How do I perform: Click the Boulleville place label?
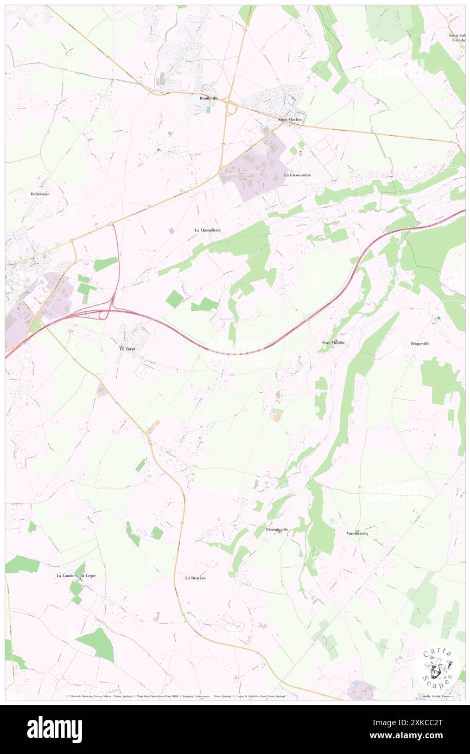click(209, 98)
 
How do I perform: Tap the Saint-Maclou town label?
click(289, 119)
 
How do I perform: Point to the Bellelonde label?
click(40, 194)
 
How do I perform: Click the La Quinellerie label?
click(208, 230)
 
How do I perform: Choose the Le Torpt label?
click(127, 349)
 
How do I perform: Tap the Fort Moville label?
click(333, 343)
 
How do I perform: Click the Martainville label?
click(277, 529)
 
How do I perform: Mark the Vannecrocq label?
click(357, 533)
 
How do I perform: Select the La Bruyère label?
click(195, 578)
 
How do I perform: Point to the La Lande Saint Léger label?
click(76, 576)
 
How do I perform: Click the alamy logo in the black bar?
click(54, 730)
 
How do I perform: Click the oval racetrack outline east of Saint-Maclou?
click(324, 143)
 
